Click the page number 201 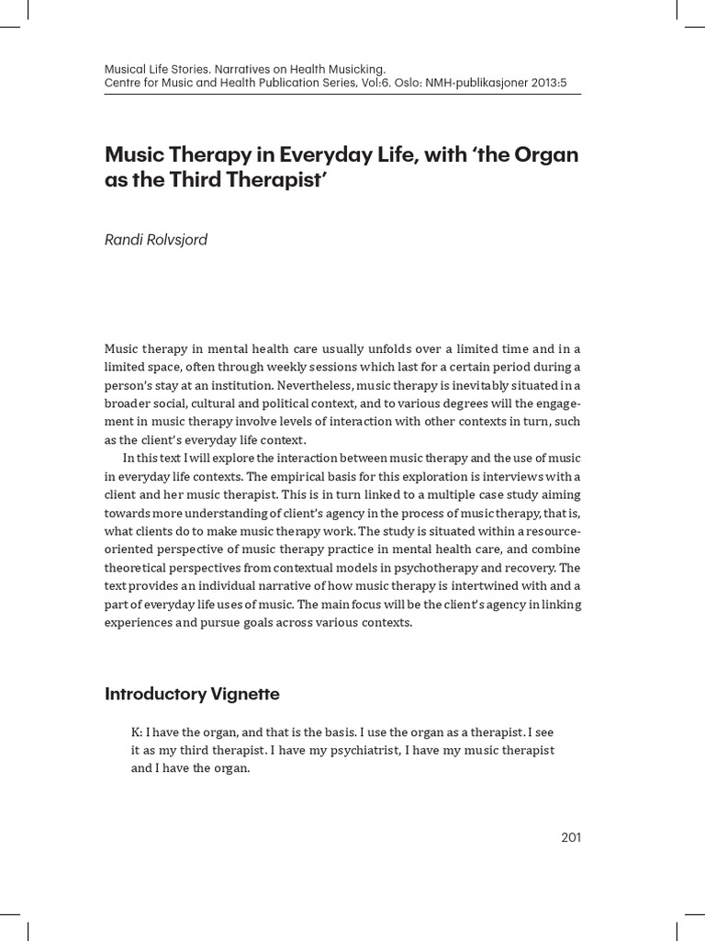click(x=570, y=836)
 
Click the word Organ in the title click(x=549, y=153)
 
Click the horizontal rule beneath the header click(x=343, y=94)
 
